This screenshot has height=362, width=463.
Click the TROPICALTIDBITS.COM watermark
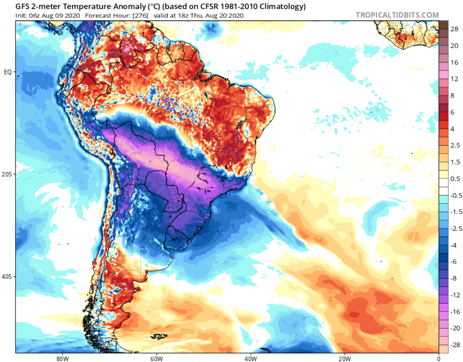(x=397, y=15)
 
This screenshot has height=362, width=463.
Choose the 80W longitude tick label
(x=61, y=358)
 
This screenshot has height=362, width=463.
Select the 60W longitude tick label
(x=155, y=358)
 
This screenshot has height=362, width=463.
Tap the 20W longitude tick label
(x=344, y=358)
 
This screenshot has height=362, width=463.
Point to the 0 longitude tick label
(x=438, y=358)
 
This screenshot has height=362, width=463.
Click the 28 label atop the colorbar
(x=454, y=29)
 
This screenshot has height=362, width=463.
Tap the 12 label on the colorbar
(x=454, y=79)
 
